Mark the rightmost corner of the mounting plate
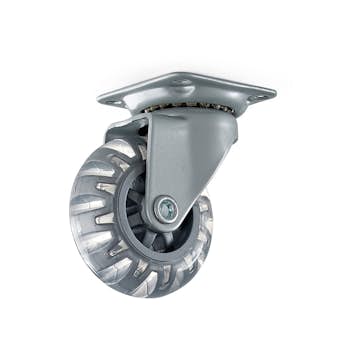tap(275, 93)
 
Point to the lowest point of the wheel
tap(150, 297)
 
